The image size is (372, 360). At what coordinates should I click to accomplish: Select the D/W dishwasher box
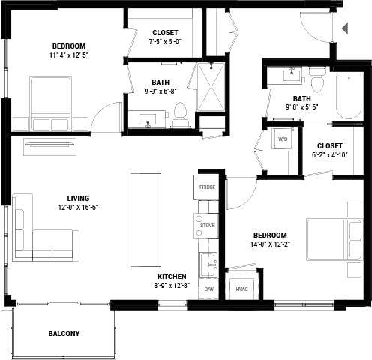pyautogui.click(x=209, y=288)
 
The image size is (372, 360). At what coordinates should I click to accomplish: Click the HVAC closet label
pyautogui.click(x=242, y=288)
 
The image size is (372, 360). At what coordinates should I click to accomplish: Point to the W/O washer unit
pyautogui.click(x=283, y=139)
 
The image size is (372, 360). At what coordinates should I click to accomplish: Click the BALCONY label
pyautogui.click(x=64, y=333)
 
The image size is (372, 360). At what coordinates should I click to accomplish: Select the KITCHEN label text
pyautogui.click(x=172, y=276)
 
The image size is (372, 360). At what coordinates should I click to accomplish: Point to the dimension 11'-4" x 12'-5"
pyautogui.click(x=48, y=55)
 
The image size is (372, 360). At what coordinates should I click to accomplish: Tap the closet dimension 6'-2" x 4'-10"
pyautogui.click(x=330, y=155)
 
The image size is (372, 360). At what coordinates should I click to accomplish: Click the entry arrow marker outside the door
pyautogui.click(x=345, y=28)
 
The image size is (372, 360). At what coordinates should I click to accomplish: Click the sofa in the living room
pyautogui.click(x=45, y=228)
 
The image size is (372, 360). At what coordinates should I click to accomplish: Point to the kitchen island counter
pyautogui.click(x=145, y=219)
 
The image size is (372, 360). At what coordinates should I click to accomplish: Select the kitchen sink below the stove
pyautogui.click(x=208, y=264)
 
